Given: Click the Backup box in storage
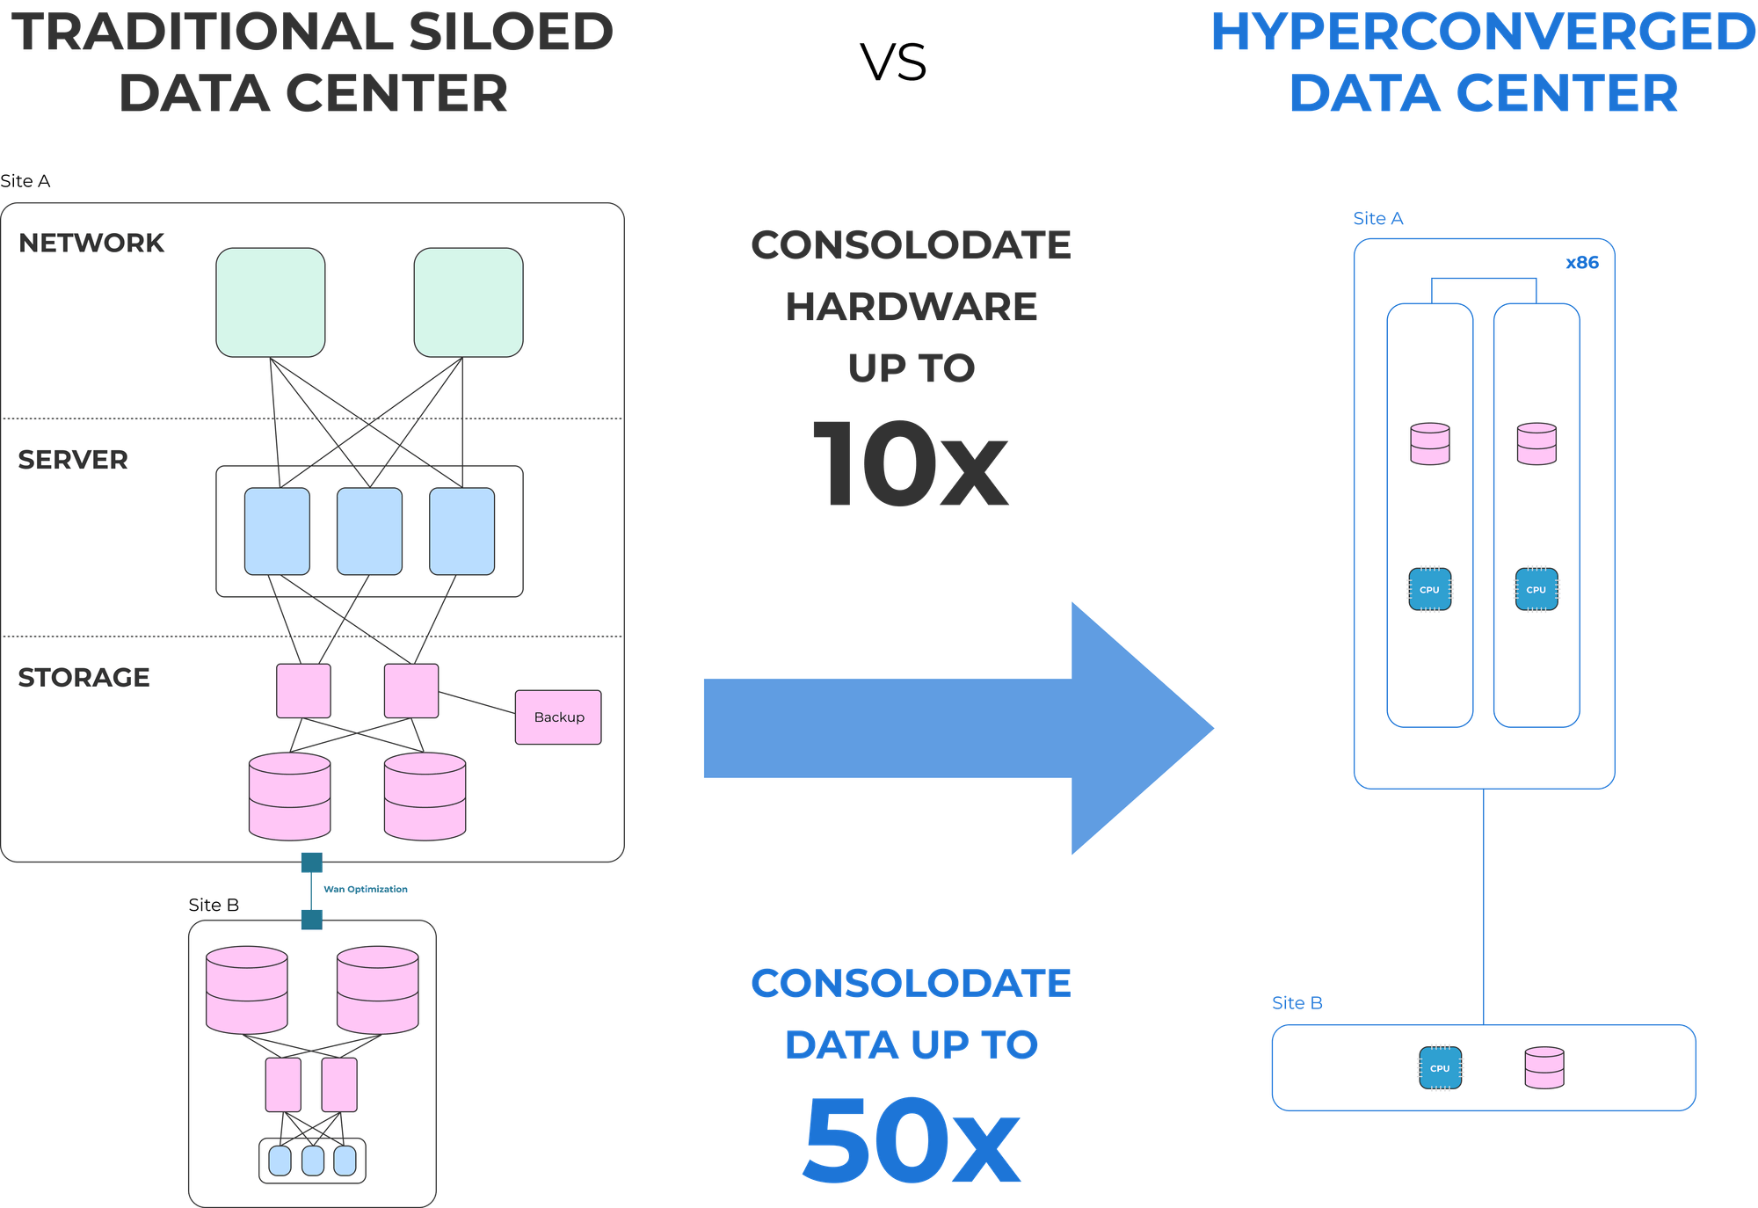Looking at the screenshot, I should click(x=558, y=717).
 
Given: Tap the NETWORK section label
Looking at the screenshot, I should click(x=91, y=243).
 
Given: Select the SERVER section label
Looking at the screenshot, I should click(x=73, y=460).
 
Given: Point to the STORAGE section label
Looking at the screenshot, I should click(x=84, y=678).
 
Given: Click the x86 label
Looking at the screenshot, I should click(x=1582, y=263).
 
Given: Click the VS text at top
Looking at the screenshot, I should click(x=894, y=63).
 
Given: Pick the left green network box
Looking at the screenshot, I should click(x=271, y=302).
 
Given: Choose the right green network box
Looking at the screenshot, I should click(x=469, y=302).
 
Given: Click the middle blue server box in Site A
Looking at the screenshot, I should click(x=369, y=531).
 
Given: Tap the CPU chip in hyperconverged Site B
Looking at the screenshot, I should click(x=1440, y=1068).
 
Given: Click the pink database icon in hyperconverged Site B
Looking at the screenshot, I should click(x=1544, y=1067).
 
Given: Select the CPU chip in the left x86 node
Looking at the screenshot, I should click(x=1429, y=589).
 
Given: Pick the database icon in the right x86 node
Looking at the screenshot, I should click(x=1536, y=444).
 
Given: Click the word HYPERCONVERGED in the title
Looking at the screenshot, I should click(x=1482, y=33).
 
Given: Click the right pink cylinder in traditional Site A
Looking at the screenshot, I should click(x=425, y=796).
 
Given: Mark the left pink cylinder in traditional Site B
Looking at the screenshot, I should click(x=247, y=989).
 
